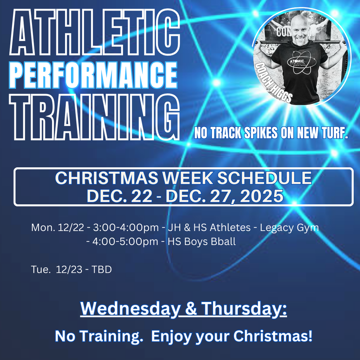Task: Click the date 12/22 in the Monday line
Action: (72, 227)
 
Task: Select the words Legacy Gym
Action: (289, 227)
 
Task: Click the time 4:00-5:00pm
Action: (126, 242)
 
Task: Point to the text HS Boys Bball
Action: (202, 242)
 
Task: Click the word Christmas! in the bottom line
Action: (273, 336)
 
